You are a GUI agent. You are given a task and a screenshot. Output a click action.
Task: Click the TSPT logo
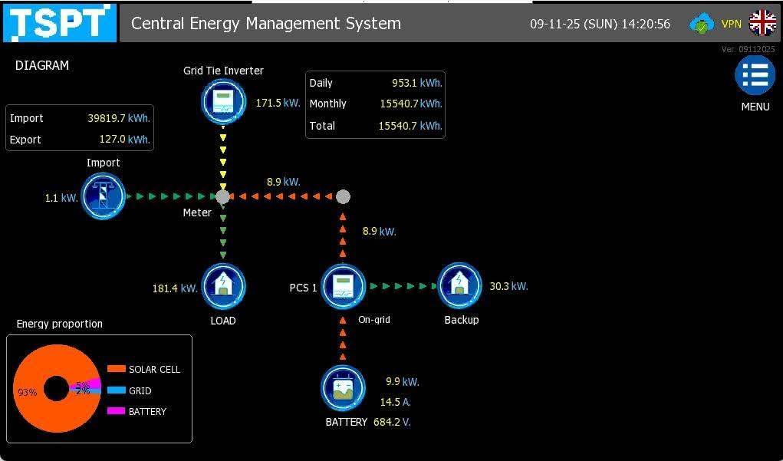(60, 22)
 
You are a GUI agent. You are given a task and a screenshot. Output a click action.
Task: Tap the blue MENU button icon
(755, 75)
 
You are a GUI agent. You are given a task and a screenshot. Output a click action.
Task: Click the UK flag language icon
(763, 23)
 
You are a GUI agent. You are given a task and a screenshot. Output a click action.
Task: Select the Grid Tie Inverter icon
(223, 101)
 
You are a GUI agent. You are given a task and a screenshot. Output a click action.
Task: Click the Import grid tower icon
(103, 196)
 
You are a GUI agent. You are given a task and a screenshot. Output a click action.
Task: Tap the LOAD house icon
(223, 287)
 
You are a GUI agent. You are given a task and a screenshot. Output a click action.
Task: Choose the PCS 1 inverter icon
(343, 287)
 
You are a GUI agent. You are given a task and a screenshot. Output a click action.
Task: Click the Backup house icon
(459, 286)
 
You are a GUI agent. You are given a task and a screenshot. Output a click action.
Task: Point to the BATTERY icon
(343, 389)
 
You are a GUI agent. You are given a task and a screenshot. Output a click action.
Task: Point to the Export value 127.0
(112, 139)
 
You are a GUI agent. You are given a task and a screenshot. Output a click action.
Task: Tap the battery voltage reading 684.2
(387, 422)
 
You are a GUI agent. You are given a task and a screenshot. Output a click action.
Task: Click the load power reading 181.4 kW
(175, 288)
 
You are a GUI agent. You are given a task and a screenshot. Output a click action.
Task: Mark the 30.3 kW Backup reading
(508, 286)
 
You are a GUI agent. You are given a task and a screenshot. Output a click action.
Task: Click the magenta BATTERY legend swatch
(117, 411)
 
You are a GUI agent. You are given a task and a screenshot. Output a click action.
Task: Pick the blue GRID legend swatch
(117, 390)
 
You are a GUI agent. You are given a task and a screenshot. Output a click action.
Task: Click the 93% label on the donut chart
(28, 392)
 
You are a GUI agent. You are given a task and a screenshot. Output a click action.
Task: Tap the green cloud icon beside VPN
(701, 24)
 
